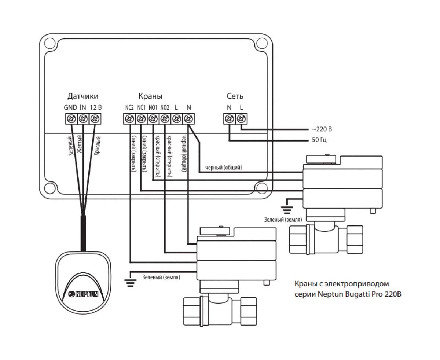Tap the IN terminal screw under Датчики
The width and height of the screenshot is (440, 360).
tap(83, 119)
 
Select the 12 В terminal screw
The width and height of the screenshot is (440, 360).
tap(95, 119)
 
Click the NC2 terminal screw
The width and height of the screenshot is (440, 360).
tap(129, 119)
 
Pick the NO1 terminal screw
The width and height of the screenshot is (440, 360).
tap(153, 119)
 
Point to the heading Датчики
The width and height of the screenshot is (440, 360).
tap(83, 96)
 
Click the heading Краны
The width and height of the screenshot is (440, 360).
tap(150, 96)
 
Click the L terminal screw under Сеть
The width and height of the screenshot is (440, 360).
tap(241, 119)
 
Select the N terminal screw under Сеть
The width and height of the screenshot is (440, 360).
tap(230, 119)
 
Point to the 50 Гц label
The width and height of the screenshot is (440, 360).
tap(319, 140)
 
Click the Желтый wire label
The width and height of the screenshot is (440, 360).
tap(80, 146)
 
